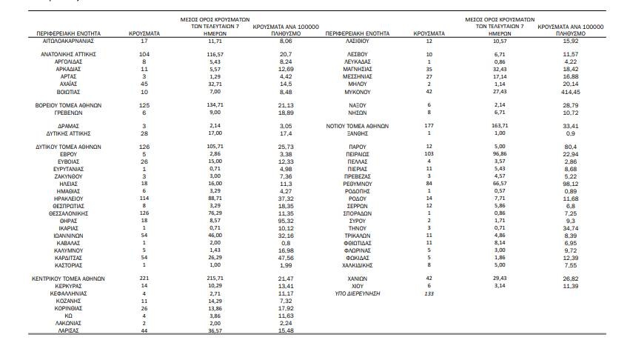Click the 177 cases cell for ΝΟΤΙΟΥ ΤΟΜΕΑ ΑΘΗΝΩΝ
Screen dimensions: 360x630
pos(429,127)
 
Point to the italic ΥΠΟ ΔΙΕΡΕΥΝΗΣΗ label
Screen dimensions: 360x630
pos(358,293)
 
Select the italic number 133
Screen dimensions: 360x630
pos(429,293)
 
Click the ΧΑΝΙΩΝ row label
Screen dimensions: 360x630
pos(358,279)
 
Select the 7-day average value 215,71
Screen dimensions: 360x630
pos(215,279)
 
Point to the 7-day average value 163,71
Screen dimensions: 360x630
pos(500,127)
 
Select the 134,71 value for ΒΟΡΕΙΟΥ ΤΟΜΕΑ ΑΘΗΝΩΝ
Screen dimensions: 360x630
pos(215,105)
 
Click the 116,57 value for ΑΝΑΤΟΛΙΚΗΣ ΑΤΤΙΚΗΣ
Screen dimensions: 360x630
pos(215,55)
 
